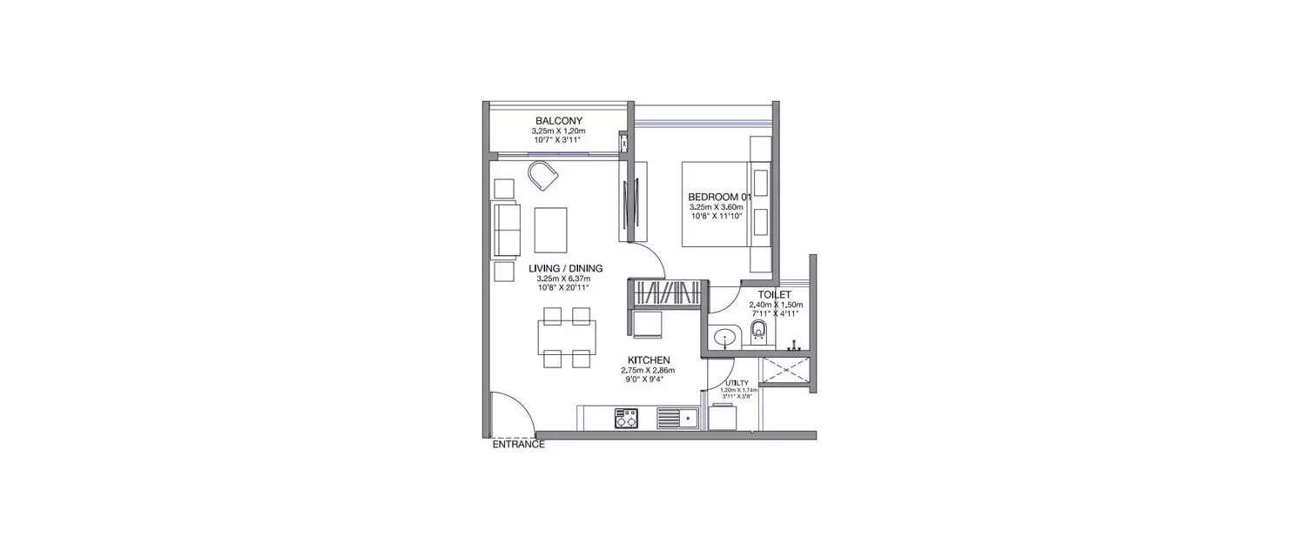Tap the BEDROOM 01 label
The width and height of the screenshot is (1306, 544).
[x=718, y=196]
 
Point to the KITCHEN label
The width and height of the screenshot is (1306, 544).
[x=650, y=359]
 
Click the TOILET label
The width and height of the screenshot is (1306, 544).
[x=774, y=295]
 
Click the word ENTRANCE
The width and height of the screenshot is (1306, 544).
[x=519, y=445]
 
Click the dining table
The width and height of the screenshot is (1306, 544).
[x=567, y=335]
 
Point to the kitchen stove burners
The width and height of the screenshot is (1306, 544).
[x=626, y=418]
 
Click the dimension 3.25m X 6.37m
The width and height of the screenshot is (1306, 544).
[x=563, y=279]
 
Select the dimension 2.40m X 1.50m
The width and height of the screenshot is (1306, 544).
[x=775, y=306]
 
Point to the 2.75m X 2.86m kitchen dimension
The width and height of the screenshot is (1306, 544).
[x=650, y=370]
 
